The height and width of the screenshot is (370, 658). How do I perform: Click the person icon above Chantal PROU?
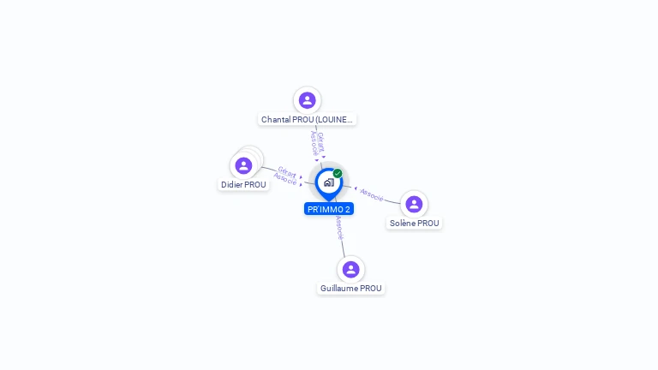[x=308, y=100]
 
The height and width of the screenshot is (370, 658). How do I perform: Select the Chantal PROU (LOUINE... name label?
[x=307, y=120]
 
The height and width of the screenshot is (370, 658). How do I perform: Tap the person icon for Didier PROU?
[x=243, y=165]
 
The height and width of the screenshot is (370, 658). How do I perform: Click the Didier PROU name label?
[x=243, y=185]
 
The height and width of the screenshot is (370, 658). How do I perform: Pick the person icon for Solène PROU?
[x=414, y=205]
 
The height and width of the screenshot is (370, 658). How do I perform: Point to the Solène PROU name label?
[x=414, y=224]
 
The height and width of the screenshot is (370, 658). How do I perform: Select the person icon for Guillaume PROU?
[x=350, y=269]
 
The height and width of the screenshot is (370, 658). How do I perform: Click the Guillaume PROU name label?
[x=350, y=288]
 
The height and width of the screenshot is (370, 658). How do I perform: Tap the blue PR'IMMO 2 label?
[x=329, y=209]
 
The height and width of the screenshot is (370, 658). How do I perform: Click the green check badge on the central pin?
[x=338, y=173]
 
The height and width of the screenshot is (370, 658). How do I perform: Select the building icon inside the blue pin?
[x=329, y=182]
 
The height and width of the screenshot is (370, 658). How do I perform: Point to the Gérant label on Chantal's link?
[x=321, y=143]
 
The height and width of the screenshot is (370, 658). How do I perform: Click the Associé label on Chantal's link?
[x=314, y=143]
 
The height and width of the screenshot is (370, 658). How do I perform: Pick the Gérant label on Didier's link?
[x=287, y=172]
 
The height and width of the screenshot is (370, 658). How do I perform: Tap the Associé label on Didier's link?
[x=285, y=179]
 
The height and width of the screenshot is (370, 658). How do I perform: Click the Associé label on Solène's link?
[x=372, y=195]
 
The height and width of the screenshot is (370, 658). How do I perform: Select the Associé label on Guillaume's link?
[x=339, y=228]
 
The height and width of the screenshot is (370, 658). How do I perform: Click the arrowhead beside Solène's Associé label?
[x=356, y=188]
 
